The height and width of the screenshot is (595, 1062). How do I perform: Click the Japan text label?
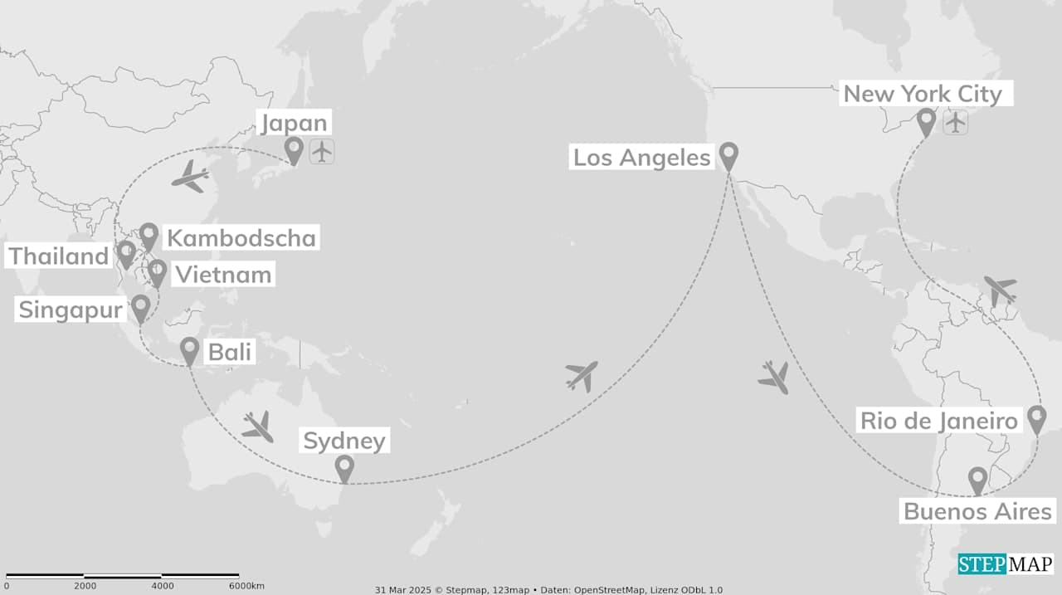[x=295, y=124]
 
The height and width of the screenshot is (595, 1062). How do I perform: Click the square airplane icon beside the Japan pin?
[x=322, y=152]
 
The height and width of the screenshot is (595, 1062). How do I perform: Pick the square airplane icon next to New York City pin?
[x=956, y=123]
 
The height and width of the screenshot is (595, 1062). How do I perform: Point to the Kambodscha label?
[x=241, y=238]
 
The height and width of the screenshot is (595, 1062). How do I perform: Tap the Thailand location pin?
[x=126, y=253]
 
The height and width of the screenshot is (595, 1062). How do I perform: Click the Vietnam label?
[x=222, y=275]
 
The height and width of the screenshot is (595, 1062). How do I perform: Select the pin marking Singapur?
[x=141, y=308]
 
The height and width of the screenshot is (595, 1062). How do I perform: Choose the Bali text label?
[x=229, y=352]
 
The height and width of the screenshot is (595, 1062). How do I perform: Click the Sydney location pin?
[x=344, y=468]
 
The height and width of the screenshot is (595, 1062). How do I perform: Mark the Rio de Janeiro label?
[x=938, y=421]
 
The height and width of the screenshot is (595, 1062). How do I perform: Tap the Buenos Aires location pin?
[x=978, y=480]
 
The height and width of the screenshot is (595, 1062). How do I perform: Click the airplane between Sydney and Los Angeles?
[x=582, y=375]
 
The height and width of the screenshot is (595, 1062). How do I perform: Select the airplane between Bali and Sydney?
[x=258, y=427]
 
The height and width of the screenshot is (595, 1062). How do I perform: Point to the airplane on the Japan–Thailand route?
[x=191, y=176]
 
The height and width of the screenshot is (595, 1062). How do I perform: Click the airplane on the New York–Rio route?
[x=999, y=290]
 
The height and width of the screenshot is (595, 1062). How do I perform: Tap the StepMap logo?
[x=1006, y=564]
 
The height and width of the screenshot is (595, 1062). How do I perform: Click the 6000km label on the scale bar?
[x=246, y=587]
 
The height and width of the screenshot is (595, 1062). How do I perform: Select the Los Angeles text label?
[x=642, y=158]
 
